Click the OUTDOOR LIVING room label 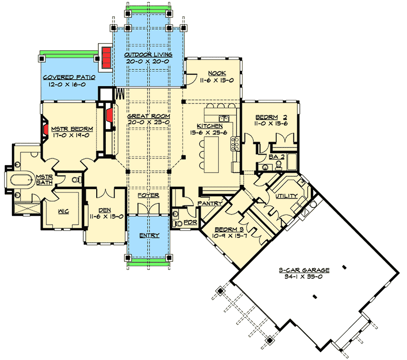point(148,55)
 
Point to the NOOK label point(214,73)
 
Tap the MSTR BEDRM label point(71,129)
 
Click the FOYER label point(148,195)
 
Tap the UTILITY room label point(286,196)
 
